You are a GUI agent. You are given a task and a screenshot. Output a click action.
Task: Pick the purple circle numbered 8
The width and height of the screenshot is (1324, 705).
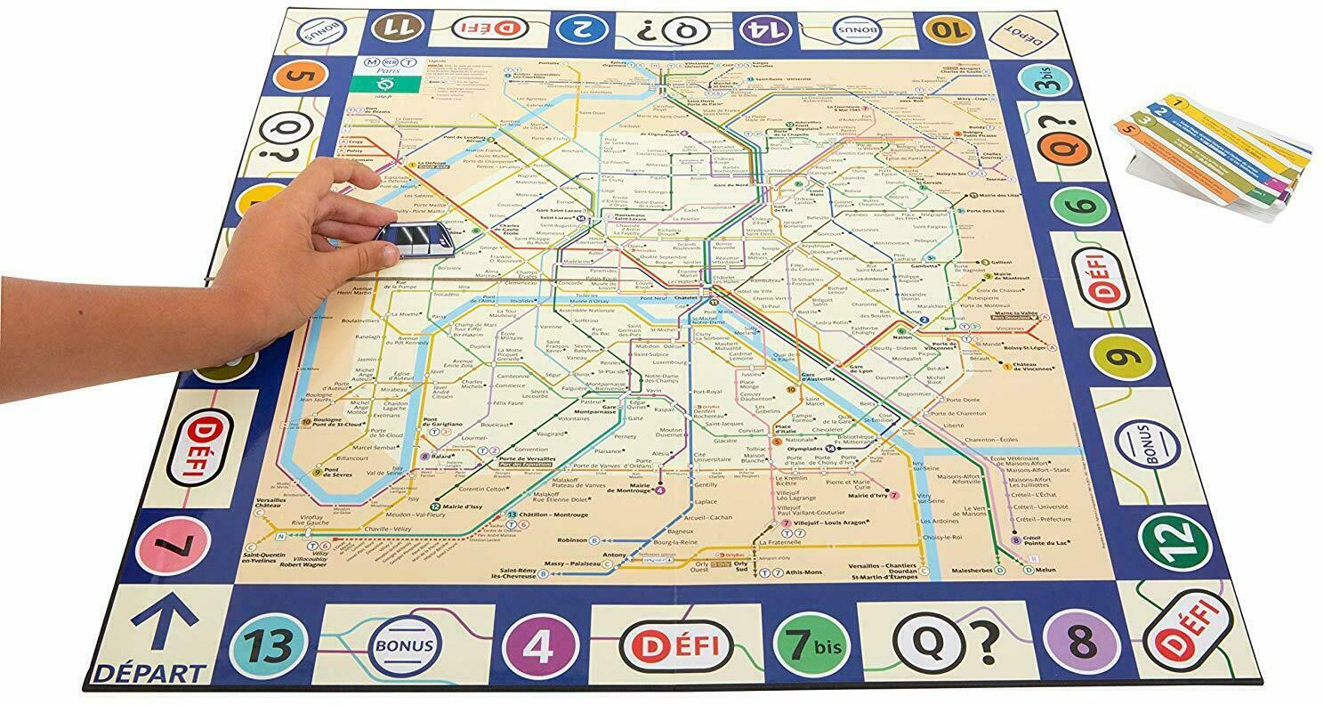(x=1080, y=639)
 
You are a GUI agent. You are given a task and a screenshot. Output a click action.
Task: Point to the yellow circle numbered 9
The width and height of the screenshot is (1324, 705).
(x=1121, y=361)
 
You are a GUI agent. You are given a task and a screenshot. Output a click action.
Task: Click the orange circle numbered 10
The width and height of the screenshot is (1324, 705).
(x=947, y=29)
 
